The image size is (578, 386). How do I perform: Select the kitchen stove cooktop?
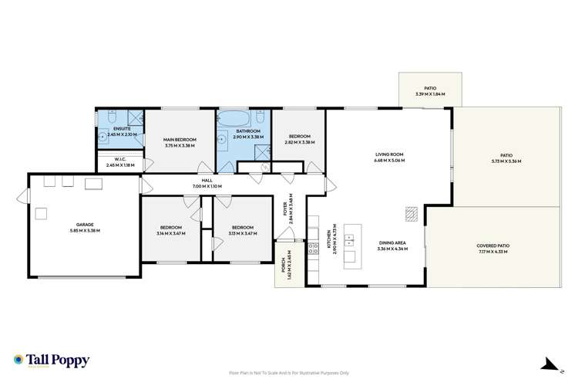click(x=314, y=249)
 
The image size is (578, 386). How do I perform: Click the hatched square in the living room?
click(x=412, y=214)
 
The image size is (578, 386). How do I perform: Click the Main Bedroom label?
click(x=180, y=139)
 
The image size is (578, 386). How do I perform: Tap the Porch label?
click(x=284, y=266)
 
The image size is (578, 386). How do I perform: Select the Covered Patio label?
click(x=492, y=245)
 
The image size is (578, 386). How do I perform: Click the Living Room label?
click(x=388, y=154)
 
